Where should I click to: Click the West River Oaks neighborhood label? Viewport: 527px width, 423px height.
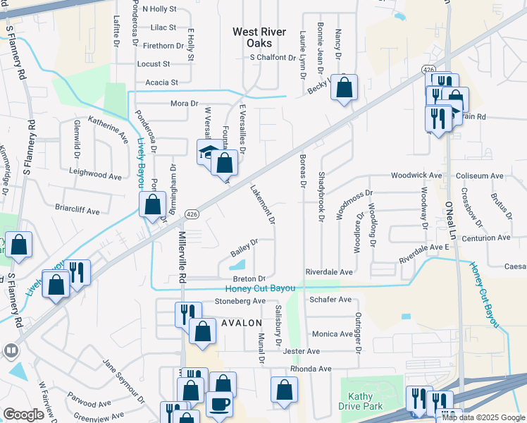pos(260,37)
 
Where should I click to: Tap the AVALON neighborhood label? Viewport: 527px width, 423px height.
pos(242,322)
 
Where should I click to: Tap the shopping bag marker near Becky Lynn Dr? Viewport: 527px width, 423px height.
pos(344,89)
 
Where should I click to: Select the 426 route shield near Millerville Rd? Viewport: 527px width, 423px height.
pos(191,214)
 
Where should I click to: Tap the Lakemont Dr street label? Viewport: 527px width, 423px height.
pos(261,204)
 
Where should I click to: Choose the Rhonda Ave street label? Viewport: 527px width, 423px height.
pos(311,369)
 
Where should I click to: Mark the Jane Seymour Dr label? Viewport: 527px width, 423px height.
pos(123,381)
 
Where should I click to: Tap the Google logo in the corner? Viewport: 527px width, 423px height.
pos(23,414)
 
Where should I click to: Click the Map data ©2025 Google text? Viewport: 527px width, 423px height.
pos(483,417)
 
